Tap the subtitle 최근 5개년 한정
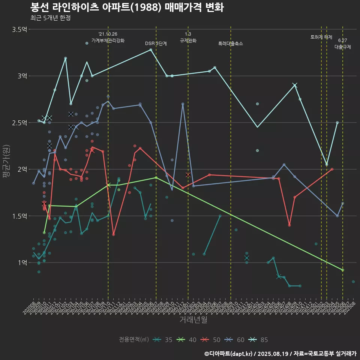[50, 18]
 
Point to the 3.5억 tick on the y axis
[19, 30]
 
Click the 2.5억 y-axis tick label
[19, 123]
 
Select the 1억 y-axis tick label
[22, 263]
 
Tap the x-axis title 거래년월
[193, 320]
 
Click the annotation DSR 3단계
[156, 43]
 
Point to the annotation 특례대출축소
[231, 43]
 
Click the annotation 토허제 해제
[321, 37]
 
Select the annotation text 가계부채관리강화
[108, 40]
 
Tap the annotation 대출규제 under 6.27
[343, 47]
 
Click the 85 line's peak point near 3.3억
[151, 49]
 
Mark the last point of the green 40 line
[343, 270]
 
